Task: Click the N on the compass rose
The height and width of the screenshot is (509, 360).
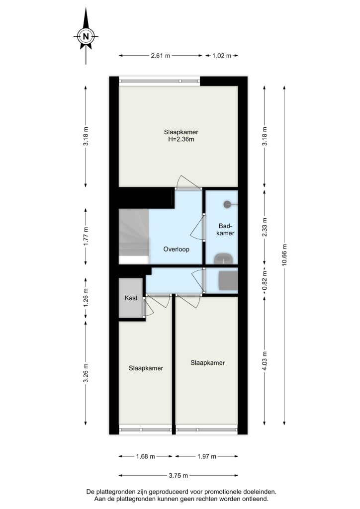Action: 86,36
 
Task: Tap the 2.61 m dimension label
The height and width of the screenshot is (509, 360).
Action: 161,56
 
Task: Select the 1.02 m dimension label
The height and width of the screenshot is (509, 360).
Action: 222,56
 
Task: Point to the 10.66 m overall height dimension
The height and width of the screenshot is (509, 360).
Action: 284,254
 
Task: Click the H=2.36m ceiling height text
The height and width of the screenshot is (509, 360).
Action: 181,139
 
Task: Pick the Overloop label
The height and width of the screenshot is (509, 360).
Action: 176,250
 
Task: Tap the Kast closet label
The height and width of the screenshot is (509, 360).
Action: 131,298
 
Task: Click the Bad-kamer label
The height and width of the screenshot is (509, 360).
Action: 225,229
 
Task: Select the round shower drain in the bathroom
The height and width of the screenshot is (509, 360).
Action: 227,204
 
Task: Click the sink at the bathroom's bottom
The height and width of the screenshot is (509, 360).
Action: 223,258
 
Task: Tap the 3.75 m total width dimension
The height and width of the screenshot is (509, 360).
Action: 178,476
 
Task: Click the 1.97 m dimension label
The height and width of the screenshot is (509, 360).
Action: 207,456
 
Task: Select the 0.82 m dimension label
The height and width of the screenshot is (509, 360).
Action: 264,280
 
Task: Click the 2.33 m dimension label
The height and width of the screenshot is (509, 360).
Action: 264,227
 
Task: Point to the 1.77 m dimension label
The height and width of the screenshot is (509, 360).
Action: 86,236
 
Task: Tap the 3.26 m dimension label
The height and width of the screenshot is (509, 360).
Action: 86,373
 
